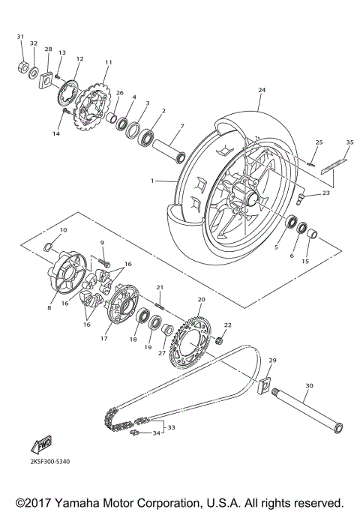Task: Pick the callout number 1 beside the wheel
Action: [x=152, y=181]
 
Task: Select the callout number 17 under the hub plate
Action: [x=104, y=339]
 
